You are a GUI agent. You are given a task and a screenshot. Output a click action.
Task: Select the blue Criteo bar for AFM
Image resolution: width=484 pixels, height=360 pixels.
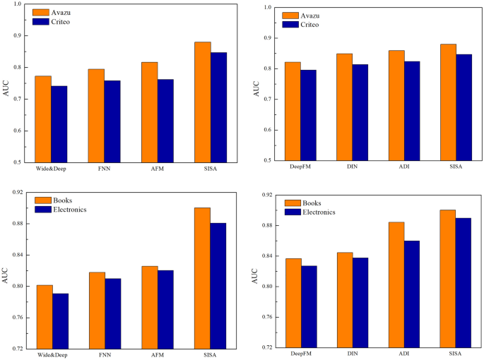pos(165,121)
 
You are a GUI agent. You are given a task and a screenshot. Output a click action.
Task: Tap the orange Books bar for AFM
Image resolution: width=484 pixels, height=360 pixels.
pos(150,307)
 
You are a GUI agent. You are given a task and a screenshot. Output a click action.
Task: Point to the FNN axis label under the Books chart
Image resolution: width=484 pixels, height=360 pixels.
pos(104,355)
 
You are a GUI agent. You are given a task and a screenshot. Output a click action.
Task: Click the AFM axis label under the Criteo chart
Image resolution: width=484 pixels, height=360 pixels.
pos(158,170)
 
